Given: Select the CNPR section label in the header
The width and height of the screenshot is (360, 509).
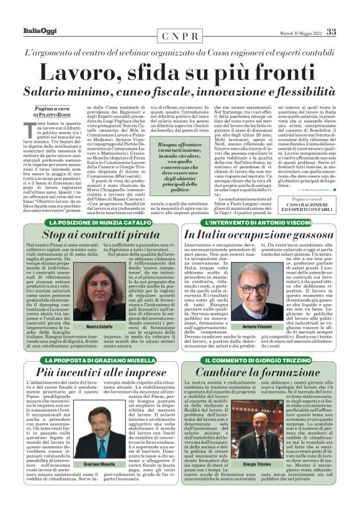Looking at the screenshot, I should pyautogui.click(x=179, y=37).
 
